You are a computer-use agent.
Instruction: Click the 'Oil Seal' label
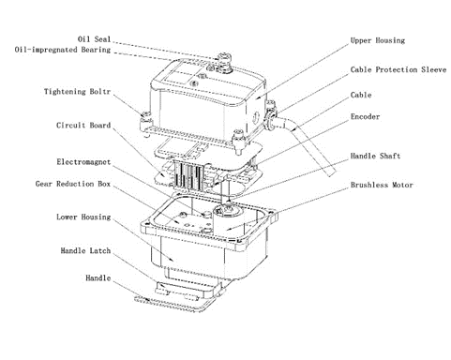click(x=94, y=39)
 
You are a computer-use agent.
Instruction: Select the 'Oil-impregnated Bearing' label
click(x=63, y=50)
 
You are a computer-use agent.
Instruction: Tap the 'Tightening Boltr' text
click(x=77, y=92)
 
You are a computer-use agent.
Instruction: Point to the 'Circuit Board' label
click(x=83, y=126)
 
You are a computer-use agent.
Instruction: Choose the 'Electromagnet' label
click(x=83, y=162)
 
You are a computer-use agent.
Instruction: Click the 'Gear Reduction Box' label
click(x=73, y=184)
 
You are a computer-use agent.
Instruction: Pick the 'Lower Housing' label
click(x=83, y=217)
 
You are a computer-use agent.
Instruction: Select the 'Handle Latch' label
click(x=85, y=250)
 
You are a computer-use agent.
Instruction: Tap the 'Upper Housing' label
click(x=378, y=40)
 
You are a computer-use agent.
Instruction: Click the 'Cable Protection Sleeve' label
click(x=398, y=69)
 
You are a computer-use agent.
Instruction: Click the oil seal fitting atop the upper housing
click(x=224, y=62)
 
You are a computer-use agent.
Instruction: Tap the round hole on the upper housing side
click(x=256, y=117)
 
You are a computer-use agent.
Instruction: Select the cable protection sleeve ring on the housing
click(x=270, y=120)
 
